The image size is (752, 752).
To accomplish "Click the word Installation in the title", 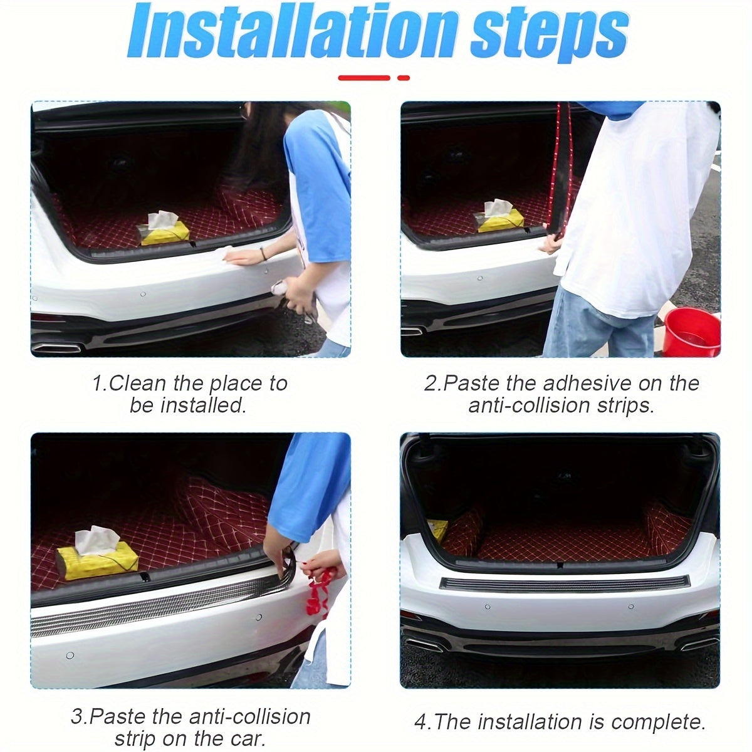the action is [x=292, y=33].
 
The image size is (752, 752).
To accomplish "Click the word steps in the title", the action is [x=550, y=36].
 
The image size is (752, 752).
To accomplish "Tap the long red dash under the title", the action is [x=363, y=78].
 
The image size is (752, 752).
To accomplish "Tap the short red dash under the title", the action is [x=404, y=78].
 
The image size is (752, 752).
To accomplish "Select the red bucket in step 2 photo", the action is [x=691, y=332].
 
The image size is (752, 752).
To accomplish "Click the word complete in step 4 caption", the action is [x=659, y=711].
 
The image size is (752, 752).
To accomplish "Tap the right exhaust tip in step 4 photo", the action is [x=699, y=644].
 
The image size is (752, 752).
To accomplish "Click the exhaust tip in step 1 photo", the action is [x=56, y=347].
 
